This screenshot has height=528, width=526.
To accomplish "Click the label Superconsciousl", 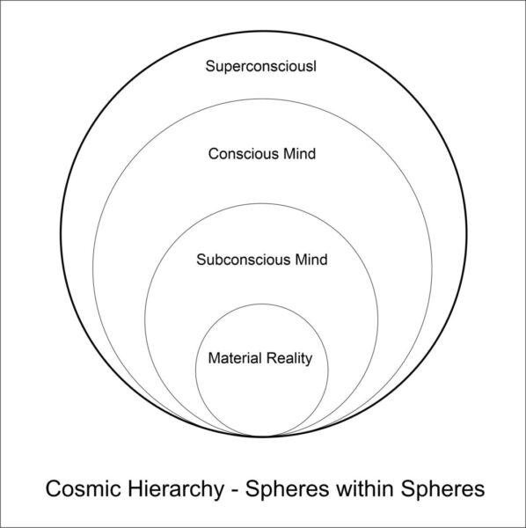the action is click(261, 66).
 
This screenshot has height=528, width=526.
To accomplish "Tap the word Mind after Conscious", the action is click(300, 154).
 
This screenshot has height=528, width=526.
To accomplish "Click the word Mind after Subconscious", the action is click(311, 260).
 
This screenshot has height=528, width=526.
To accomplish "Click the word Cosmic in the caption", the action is click(84, 488).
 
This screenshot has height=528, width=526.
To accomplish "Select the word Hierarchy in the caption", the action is click(176, 489).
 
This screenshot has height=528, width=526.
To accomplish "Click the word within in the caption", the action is click(364, 488).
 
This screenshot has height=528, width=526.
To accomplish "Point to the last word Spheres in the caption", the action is click(442, 489).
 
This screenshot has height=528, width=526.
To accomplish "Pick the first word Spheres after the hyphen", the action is click(287, 489).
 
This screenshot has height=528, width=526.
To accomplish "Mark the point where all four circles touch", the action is click(263, 436).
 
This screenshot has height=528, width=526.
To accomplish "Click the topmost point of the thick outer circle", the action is click(263, 32).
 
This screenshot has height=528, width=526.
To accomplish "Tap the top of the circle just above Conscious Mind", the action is click(262, 99).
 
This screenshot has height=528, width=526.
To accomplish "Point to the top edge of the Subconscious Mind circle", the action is click(261, 204).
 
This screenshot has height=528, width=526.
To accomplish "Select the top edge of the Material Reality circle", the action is click(262, 304).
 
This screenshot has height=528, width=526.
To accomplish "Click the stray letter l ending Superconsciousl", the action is click(315, 66).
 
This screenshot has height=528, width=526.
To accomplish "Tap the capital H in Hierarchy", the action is click(135, 488).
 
